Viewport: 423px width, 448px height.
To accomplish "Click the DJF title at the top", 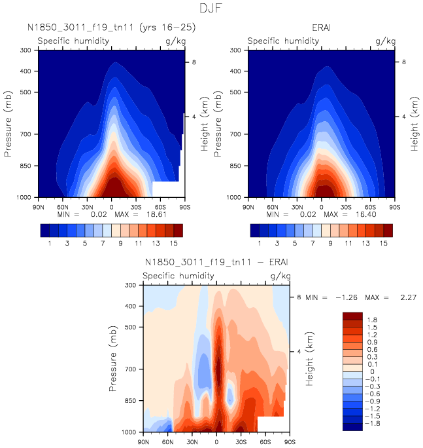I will [212, 9].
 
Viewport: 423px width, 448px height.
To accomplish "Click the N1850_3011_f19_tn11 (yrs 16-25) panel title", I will [111, 28].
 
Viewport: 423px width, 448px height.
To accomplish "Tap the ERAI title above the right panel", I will [321, 28].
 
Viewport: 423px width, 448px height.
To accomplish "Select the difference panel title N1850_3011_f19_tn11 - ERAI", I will [216, 263].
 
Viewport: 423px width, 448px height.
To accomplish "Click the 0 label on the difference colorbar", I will [371, 371].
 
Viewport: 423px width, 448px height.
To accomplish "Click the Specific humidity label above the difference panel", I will [178, 276].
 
